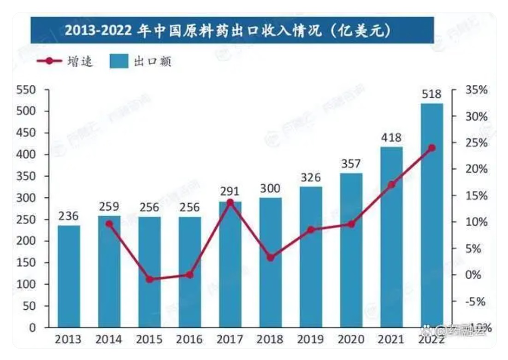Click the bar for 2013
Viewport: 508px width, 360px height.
69,277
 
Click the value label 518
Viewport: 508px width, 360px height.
431,94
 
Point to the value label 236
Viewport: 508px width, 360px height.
69,216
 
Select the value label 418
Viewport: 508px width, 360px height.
391,137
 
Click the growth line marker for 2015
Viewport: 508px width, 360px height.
149,279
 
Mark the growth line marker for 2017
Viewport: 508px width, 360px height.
230,202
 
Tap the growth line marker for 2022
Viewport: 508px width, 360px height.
431,148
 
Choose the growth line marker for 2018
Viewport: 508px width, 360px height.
271,258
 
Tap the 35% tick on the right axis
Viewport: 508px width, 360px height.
475,90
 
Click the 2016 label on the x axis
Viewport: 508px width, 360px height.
189,340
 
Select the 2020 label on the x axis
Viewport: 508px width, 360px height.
351,340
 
